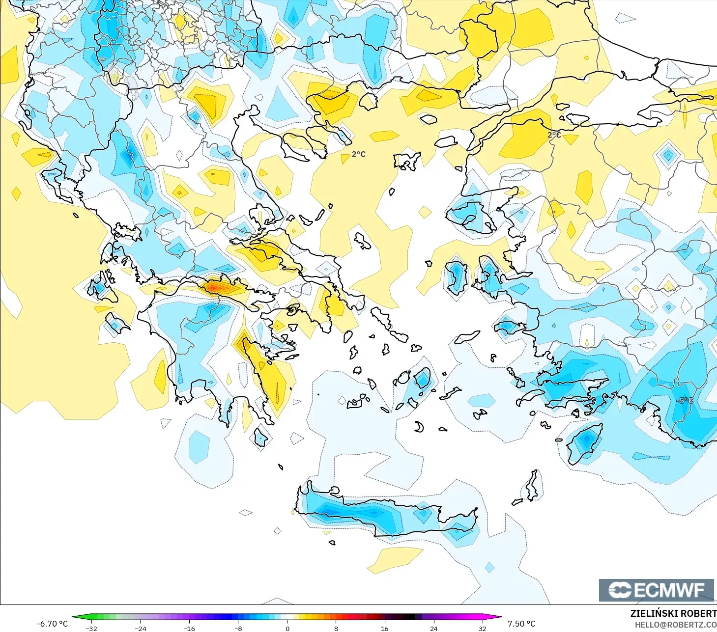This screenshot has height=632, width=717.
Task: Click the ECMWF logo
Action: (x=656, y=590)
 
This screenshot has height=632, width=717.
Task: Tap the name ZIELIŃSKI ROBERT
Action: (x=673, y=613)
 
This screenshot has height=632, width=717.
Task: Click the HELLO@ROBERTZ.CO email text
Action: (x=675, y=625)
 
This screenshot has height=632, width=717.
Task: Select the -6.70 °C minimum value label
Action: (x=52, y=624)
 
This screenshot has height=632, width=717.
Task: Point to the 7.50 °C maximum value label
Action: (x=521, y=624)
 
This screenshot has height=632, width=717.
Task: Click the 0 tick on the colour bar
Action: (x=287, y=628)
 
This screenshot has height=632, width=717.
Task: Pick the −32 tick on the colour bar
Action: (x=91, y=628)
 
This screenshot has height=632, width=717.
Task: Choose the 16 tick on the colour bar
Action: (x=385, y=628)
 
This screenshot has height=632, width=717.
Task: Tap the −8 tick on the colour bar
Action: (x=238, y=628)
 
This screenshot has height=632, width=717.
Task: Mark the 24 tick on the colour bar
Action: (x=433, y=628)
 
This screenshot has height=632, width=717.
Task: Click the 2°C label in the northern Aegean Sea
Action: (x=358, y=154)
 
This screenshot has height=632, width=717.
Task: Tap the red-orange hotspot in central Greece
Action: (x=215, y=286)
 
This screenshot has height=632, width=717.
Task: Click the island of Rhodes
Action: (x=584, y=443)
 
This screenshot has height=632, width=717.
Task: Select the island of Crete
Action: (x=383, y=516)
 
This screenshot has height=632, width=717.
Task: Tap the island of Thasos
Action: (x=369, y=101)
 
